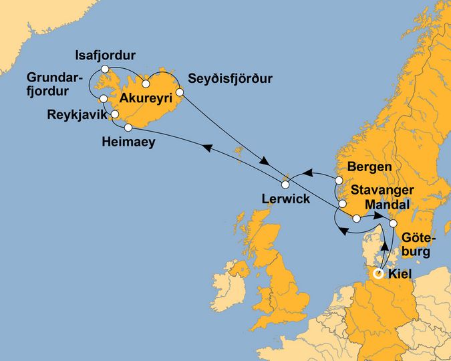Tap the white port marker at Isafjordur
point(105,69)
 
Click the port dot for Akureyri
point(146,84)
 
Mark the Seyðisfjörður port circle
point(180,92)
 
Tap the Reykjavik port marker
point(115,114)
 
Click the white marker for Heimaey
point(128,126)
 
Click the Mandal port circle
point(357,219)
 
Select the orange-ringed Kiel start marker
point(378,273)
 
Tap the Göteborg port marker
point(394,223)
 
